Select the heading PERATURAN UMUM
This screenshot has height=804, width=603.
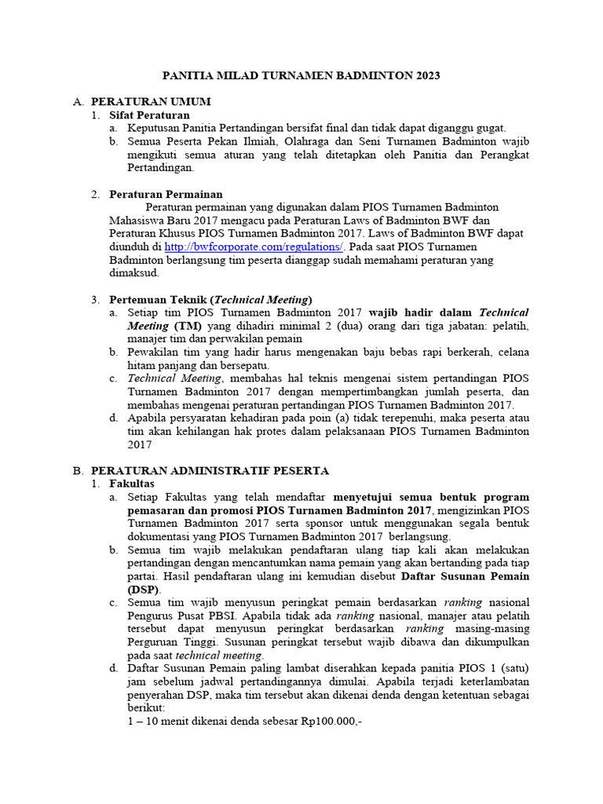point(151,102)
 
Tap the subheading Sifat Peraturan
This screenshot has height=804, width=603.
point(149,115)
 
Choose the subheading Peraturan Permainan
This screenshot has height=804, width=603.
point(166,194)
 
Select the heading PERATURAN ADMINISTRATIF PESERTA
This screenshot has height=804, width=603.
point(210,471)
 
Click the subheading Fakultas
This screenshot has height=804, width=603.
point(132,484)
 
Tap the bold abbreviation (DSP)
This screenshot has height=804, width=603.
point(144,590)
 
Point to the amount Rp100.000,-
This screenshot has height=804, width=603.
point(331,722)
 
